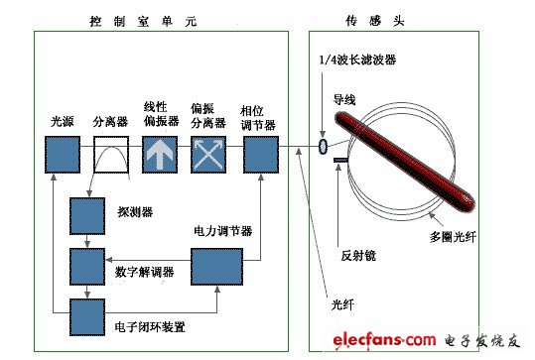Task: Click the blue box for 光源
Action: (x=62, y=156)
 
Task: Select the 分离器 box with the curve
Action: (x=112, y=156)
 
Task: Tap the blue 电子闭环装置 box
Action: (x=86, y=315)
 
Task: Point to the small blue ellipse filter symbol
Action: (x=324, y=147)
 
